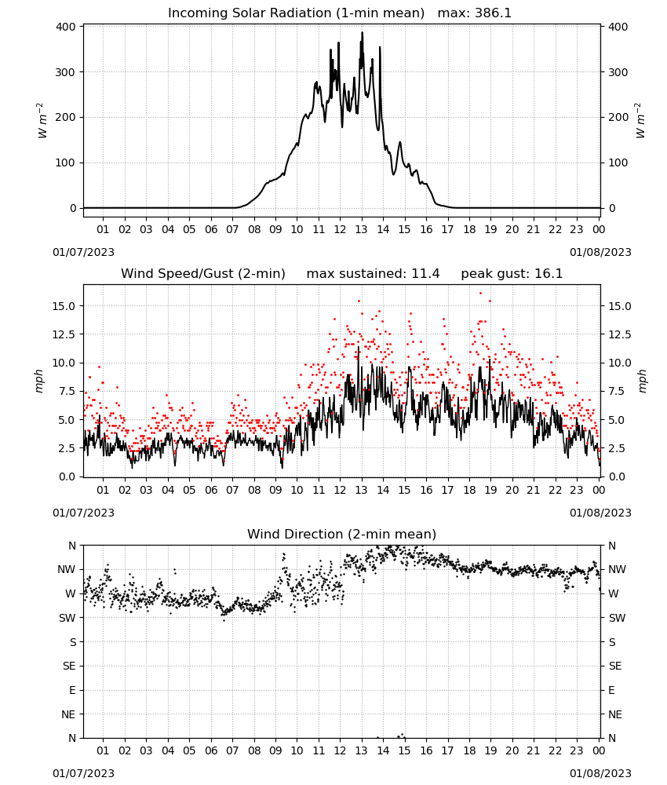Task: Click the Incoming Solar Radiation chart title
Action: (x=296, y=13)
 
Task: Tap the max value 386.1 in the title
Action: (x=494, y=13)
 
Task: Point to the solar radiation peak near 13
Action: (x=363, y=33)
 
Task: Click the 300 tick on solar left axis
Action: (x=66, y=72)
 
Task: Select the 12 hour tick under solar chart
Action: (x=340, y=229)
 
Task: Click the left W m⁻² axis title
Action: (x=42, y=121)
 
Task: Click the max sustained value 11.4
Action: (x=425, y=274)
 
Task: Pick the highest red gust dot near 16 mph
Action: (x=480, y=294)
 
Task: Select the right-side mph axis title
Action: (x=642, y=381)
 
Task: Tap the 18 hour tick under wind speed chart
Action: (x=469, y=490)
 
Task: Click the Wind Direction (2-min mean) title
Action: (x=342, y=534)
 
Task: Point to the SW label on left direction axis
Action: (x=67, y=618)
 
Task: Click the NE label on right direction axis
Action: (x=615, y=714)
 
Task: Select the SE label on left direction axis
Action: (x=69, y=666)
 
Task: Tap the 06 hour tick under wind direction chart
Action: (x=211, y=750)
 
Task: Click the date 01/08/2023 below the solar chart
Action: (x=600, y=252)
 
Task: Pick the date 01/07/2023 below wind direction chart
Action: (x=83, y=773)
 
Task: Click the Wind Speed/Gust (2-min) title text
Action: (x=203, y=274)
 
